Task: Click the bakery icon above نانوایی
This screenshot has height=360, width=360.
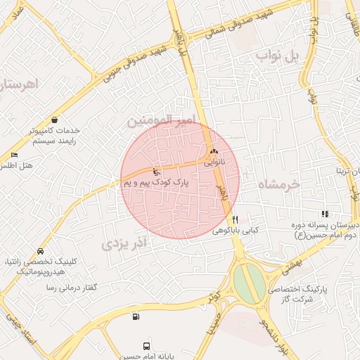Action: tap(214, 150)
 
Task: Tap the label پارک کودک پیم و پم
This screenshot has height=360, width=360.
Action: tap(161, 183)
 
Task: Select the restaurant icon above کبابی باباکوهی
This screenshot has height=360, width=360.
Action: tap(236, 219)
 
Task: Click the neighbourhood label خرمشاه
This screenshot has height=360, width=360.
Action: tap(278, 184)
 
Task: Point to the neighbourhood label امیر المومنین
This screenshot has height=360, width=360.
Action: tap(159, 122)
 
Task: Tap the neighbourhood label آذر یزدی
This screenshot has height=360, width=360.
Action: tap(125, 244)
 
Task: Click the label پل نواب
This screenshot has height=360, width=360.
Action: tap(278, 55)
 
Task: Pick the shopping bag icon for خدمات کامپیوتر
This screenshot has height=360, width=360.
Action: tap(55, 120)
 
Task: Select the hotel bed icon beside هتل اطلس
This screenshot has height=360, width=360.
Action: tap(14, 155)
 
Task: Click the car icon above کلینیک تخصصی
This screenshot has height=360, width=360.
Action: tap(41, 251)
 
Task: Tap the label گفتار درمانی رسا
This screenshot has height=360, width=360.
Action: tap(71, 288)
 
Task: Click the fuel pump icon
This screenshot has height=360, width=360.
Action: tap(135, 316)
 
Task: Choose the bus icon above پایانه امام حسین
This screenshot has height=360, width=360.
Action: tap(146, 345)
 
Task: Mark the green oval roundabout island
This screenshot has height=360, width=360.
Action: tap(249, 282)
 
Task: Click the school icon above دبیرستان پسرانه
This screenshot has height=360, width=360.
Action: tap(324, 214)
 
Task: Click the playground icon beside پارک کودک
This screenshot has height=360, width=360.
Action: tap(156, 172)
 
